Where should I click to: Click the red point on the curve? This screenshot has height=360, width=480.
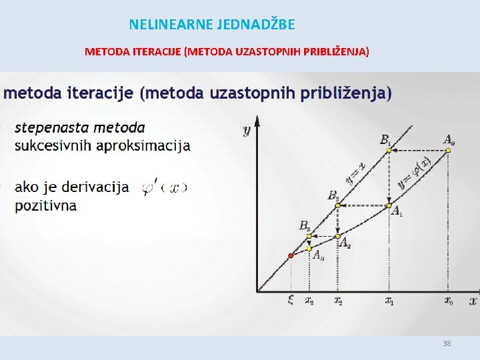point(290,256)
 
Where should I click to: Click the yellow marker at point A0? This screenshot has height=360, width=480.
point(448,151)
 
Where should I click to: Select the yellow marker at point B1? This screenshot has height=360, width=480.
point(389,151)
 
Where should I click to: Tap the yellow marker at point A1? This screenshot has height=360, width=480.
point(389,206)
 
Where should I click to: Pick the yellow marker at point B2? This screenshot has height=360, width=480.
point(337,206)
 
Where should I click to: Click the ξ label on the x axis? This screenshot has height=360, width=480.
point(290,301)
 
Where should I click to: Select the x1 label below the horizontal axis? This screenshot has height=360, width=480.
point(389,301)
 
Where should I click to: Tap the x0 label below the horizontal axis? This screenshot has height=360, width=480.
point(449,301)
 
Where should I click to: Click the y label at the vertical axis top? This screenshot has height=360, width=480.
point(246,130)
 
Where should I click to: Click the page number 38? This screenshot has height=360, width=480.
point(447,343)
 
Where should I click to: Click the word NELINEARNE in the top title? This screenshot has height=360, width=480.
point(171,25)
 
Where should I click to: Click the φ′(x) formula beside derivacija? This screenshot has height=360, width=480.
point(165,188)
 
